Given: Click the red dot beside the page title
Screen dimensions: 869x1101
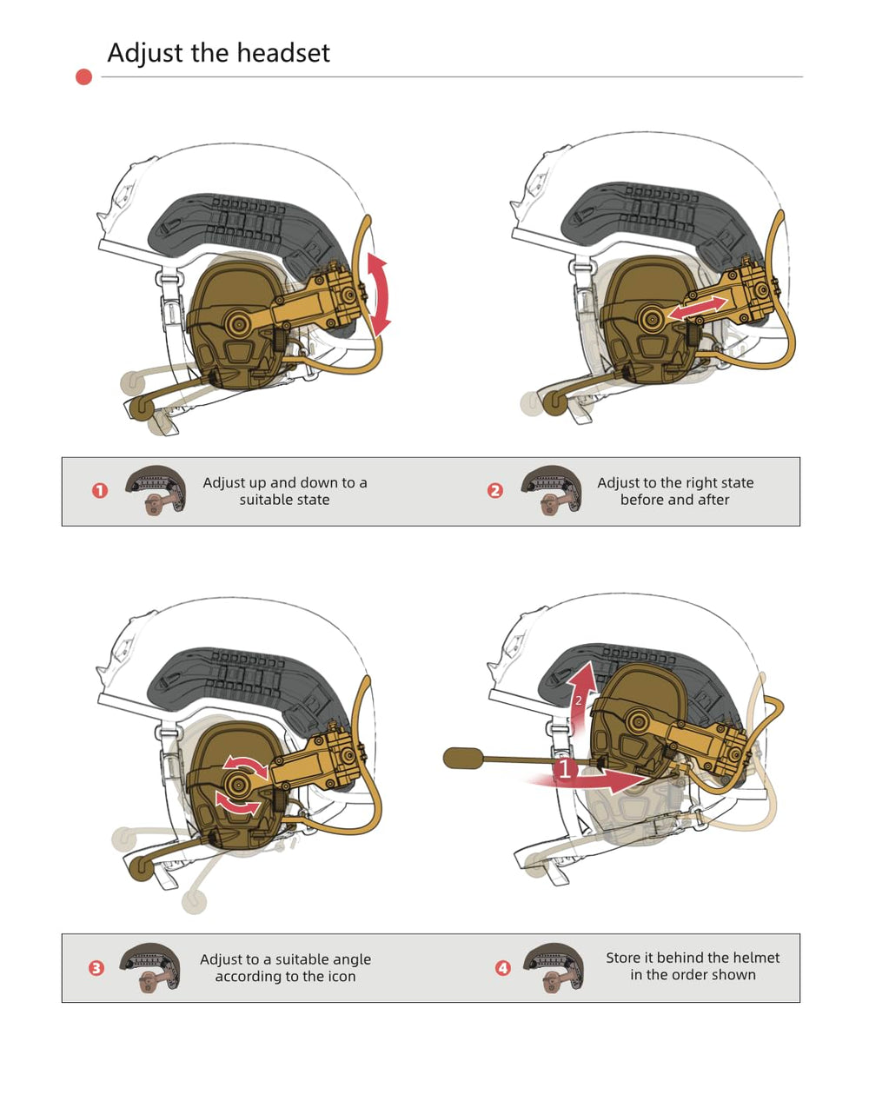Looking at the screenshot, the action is (x=84, y=76).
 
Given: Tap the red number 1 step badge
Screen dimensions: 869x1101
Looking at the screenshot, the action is (x=100, y=491).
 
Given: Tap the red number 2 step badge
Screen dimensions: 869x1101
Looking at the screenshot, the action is (x=494, y=491).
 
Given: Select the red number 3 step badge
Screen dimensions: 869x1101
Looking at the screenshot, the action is (x=96, y=968).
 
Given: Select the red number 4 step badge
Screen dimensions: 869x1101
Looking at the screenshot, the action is (x=503, y=968).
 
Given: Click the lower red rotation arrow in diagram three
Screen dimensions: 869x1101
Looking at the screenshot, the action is (x=238, y=803).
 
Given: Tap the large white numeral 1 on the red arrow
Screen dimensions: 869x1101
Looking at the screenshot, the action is (x=565, y=769).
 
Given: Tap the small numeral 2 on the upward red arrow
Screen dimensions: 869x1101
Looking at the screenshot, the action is (x=578, y=700).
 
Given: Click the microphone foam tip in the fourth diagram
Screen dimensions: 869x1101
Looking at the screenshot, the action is (x=463, y=759).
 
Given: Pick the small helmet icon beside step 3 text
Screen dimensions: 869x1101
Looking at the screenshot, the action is (x=150, y=969).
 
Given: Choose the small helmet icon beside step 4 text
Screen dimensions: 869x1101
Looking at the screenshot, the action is (x=554, y=969).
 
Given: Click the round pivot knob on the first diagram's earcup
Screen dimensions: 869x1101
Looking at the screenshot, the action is (x=237, y=323).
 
